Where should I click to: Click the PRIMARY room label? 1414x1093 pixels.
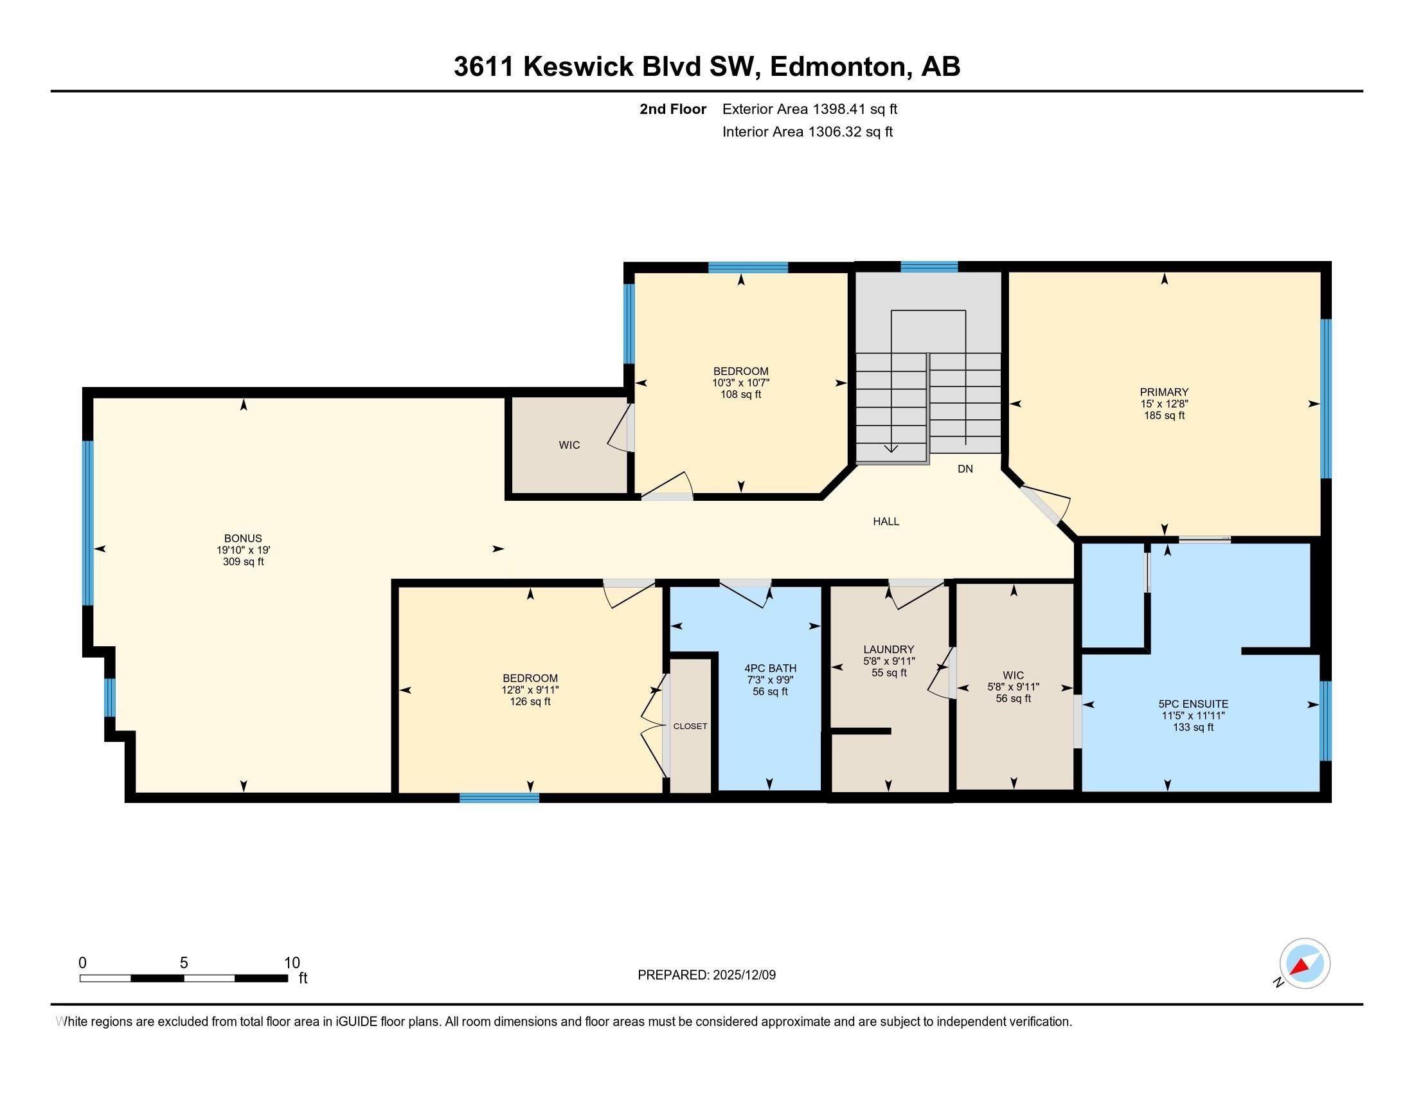click(1163, 392)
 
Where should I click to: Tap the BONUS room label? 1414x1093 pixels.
click(243, 538)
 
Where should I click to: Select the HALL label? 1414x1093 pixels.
click(886, 521)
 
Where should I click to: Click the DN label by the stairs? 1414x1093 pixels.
click(965, 469)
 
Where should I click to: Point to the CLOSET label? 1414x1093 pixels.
click(690, 726)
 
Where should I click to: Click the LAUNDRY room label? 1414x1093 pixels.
click(888, 649)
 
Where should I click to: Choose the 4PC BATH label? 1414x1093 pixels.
click(770, 668)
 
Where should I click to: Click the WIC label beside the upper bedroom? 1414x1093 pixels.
click(569, 445)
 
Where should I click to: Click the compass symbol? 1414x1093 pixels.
click(1304, 964)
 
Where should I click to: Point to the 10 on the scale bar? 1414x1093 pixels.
click(292, 963)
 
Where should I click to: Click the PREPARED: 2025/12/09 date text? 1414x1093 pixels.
click(706, 975)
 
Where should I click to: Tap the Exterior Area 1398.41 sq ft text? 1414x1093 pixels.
click(809, 109)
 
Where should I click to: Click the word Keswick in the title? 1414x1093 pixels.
click(578, 67)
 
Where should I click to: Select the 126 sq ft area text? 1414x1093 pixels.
click(530, 701)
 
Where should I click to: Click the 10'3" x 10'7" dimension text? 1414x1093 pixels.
click(740, 383)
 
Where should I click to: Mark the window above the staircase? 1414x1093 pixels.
click(929, 267)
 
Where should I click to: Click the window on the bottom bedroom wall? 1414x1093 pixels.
click(499, 798)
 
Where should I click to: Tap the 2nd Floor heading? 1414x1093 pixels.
click(672, 109)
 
